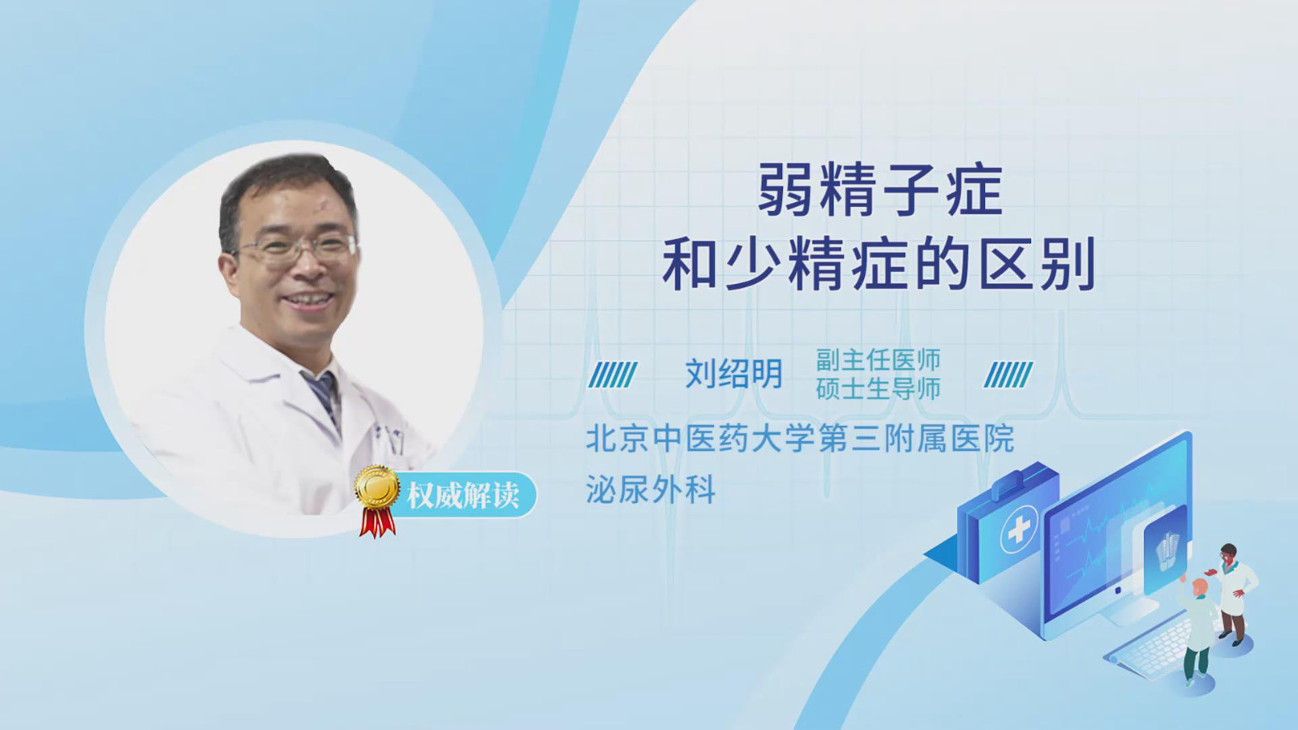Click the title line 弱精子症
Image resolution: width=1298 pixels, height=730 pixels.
879,190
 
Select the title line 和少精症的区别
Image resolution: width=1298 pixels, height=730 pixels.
879,263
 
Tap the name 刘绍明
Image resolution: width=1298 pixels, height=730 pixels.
734,373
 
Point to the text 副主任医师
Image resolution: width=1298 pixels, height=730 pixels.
878,360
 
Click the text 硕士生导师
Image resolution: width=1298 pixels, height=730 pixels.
878,389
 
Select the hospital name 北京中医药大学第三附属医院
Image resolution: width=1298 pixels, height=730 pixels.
800,439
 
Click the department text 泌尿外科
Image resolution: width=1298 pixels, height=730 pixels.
651,489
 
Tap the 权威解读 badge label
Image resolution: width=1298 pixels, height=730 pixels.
462,496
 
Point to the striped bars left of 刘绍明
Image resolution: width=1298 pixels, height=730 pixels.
613,375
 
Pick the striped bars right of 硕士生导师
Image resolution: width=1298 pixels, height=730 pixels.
1008,375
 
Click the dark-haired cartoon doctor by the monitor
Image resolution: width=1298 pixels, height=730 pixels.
1232,594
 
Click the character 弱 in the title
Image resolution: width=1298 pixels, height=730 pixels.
784,190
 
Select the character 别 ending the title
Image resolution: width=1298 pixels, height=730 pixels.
1069,264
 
